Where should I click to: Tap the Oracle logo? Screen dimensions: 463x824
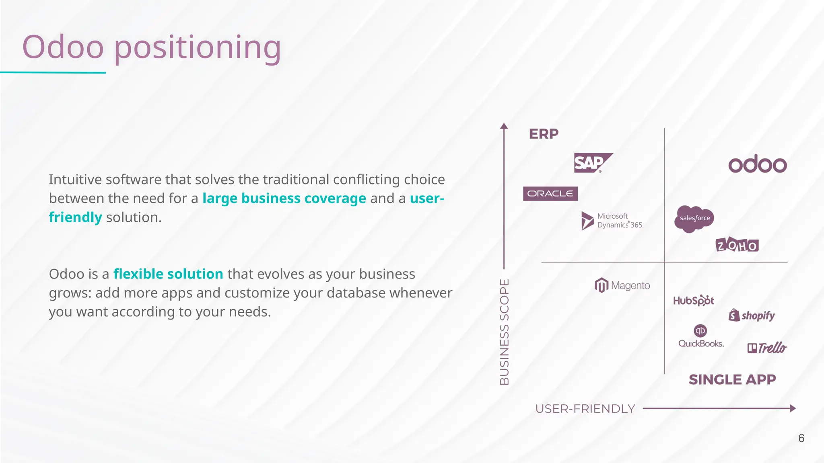(x=550, y=194)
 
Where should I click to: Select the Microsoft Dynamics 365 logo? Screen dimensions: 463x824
(x=612, y=221)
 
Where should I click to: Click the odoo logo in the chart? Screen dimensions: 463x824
(x=757, y=164)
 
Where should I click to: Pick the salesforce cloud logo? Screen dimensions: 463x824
(x=694, y=219)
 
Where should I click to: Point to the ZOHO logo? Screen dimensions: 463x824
(x=737, y=245)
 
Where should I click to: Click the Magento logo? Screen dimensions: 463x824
(x=622, y=285)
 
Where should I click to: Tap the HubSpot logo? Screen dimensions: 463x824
(x=693, y=301)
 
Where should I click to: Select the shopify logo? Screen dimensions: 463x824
(x=752, y=315)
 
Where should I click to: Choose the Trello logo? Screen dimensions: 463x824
(x=767, y=348)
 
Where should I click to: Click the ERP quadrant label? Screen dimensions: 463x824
(x=544, y=134)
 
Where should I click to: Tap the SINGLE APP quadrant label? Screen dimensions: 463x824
(x=732, y=379)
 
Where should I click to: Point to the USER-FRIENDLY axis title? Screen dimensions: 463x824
(x=585, y=409)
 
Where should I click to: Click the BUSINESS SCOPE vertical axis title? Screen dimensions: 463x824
(x=504, y=332)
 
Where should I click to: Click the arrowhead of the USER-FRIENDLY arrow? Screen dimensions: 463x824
(x=793, y=408)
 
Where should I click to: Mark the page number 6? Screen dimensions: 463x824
(x=801, y=438)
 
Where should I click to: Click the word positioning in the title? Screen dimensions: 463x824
(x=198, y=47)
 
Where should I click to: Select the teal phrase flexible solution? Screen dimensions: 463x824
(x=168, y=274)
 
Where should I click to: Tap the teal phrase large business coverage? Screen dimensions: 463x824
(x=284, y=199)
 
